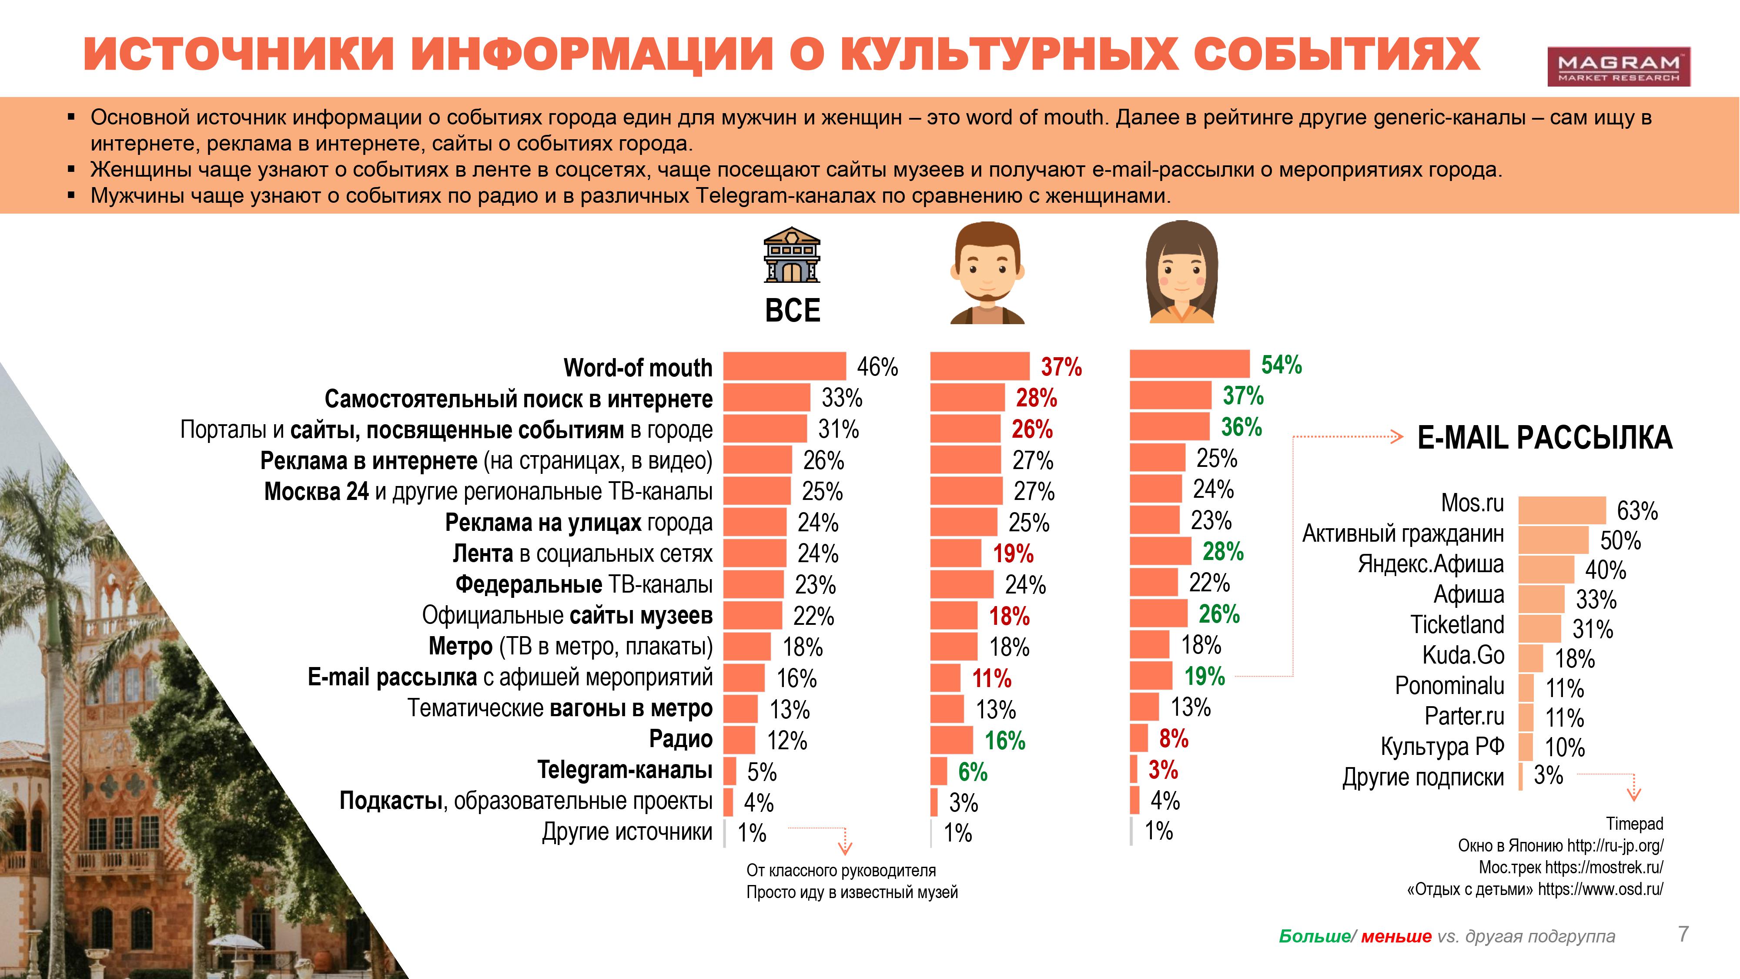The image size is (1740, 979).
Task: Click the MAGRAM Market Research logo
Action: pos(1618,66)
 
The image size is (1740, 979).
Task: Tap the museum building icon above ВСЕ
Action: pos(792,255)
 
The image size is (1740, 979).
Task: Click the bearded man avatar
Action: pos(987,272)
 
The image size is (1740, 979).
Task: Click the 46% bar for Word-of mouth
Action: pos(784,366)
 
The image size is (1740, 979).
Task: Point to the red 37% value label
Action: pos(1061,367)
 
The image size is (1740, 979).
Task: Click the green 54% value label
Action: pos(1282,365)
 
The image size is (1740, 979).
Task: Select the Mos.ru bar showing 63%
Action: pos(1562,510)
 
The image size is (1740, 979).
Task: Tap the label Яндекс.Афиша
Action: pos(1431,563)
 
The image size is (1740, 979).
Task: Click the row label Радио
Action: pos(680,739)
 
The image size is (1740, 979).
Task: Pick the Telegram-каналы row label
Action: pos(624,770)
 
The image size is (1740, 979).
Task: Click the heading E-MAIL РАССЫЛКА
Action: pos(1545,438)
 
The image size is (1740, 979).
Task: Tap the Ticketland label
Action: pos(1457,624)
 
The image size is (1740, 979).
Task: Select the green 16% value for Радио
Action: pos(1004,741)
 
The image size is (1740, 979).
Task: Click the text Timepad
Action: pos(1634,824)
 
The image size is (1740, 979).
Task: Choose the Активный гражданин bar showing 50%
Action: pos(1553,540)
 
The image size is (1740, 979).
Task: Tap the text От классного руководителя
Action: pos(841,870)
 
